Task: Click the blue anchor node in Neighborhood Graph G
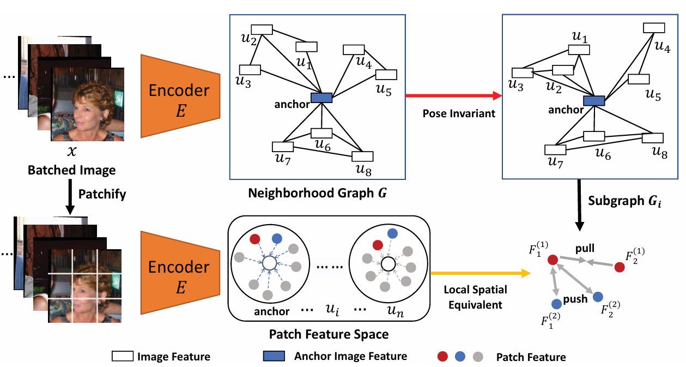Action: pos(321,98)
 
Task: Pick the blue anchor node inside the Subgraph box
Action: pos(593,100)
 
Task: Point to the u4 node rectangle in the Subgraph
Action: pos(654,27)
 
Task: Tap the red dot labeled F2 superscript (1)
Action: pos(619,267)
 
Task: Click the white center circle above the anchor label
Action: pos(269,264)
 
